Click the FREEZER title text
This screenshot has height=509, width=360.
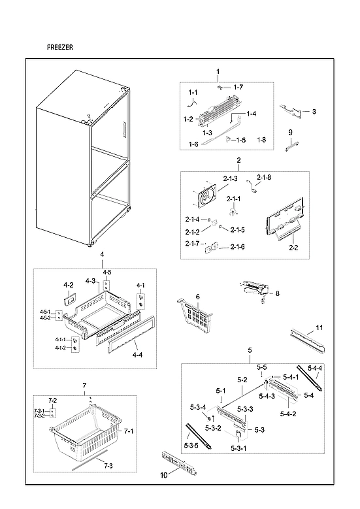point(60,48)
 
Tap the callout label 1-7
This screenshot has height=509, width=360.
point(238,87)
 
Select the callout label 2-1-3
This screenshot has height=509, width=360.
point(229,178)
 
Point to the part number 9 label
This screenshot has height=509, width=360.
point(289,133)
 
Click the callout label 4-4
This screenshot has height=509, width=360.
point(138,355)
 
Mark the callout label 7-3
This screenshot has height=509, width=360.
point(108,465)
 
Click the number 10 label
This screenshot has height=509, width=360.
point(164,475)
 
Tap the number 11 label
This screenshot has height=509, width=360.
point(319,327)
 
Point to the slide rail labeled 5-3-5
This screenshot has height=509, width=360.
point(197,436)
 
